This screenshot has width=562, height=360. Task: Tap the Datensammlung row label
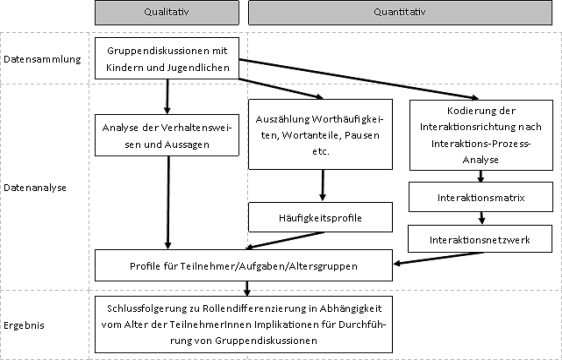point(42,59)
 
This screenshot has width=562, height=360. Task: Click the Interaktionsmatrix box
point(482,198)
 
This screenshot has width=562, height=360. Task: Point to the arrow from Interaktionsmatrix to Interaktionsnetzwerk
point(482,218)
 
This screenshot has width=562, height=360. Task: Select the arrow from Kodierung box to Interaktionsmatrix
point(482,177)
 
